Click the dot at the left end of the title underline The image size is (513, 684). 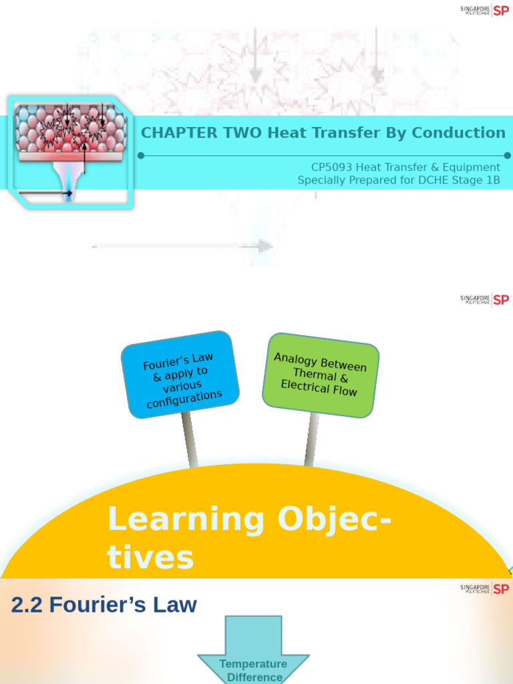(141, 156)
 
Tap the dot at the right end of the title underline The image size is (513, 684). (508, 156)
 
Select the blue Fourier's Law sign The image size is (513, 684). (180, 374)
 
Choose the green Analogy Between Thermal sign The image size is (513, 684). (320, 375)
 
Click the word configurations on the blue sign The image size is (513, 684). (184, 399)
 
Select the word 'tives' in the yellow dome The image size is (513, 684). (150, 558)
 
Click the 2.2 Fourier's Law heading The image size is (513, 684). (104, 605)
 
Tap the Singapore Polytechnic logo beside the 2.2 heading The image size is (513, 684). (484, 588)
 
